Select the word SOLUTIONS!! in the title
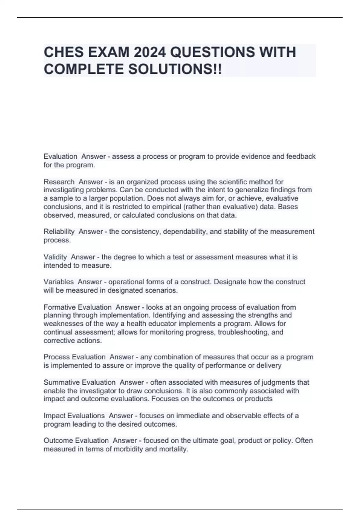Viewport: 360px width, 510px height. pos(175,69)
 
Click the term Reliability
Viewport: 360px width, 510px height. pos(59,232)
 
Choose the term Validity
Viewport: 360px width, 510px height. pos(55,257)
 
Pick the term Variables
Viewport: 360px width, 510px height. pos(58,282)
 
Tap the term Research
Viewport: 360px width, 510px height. pos(59,182)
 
